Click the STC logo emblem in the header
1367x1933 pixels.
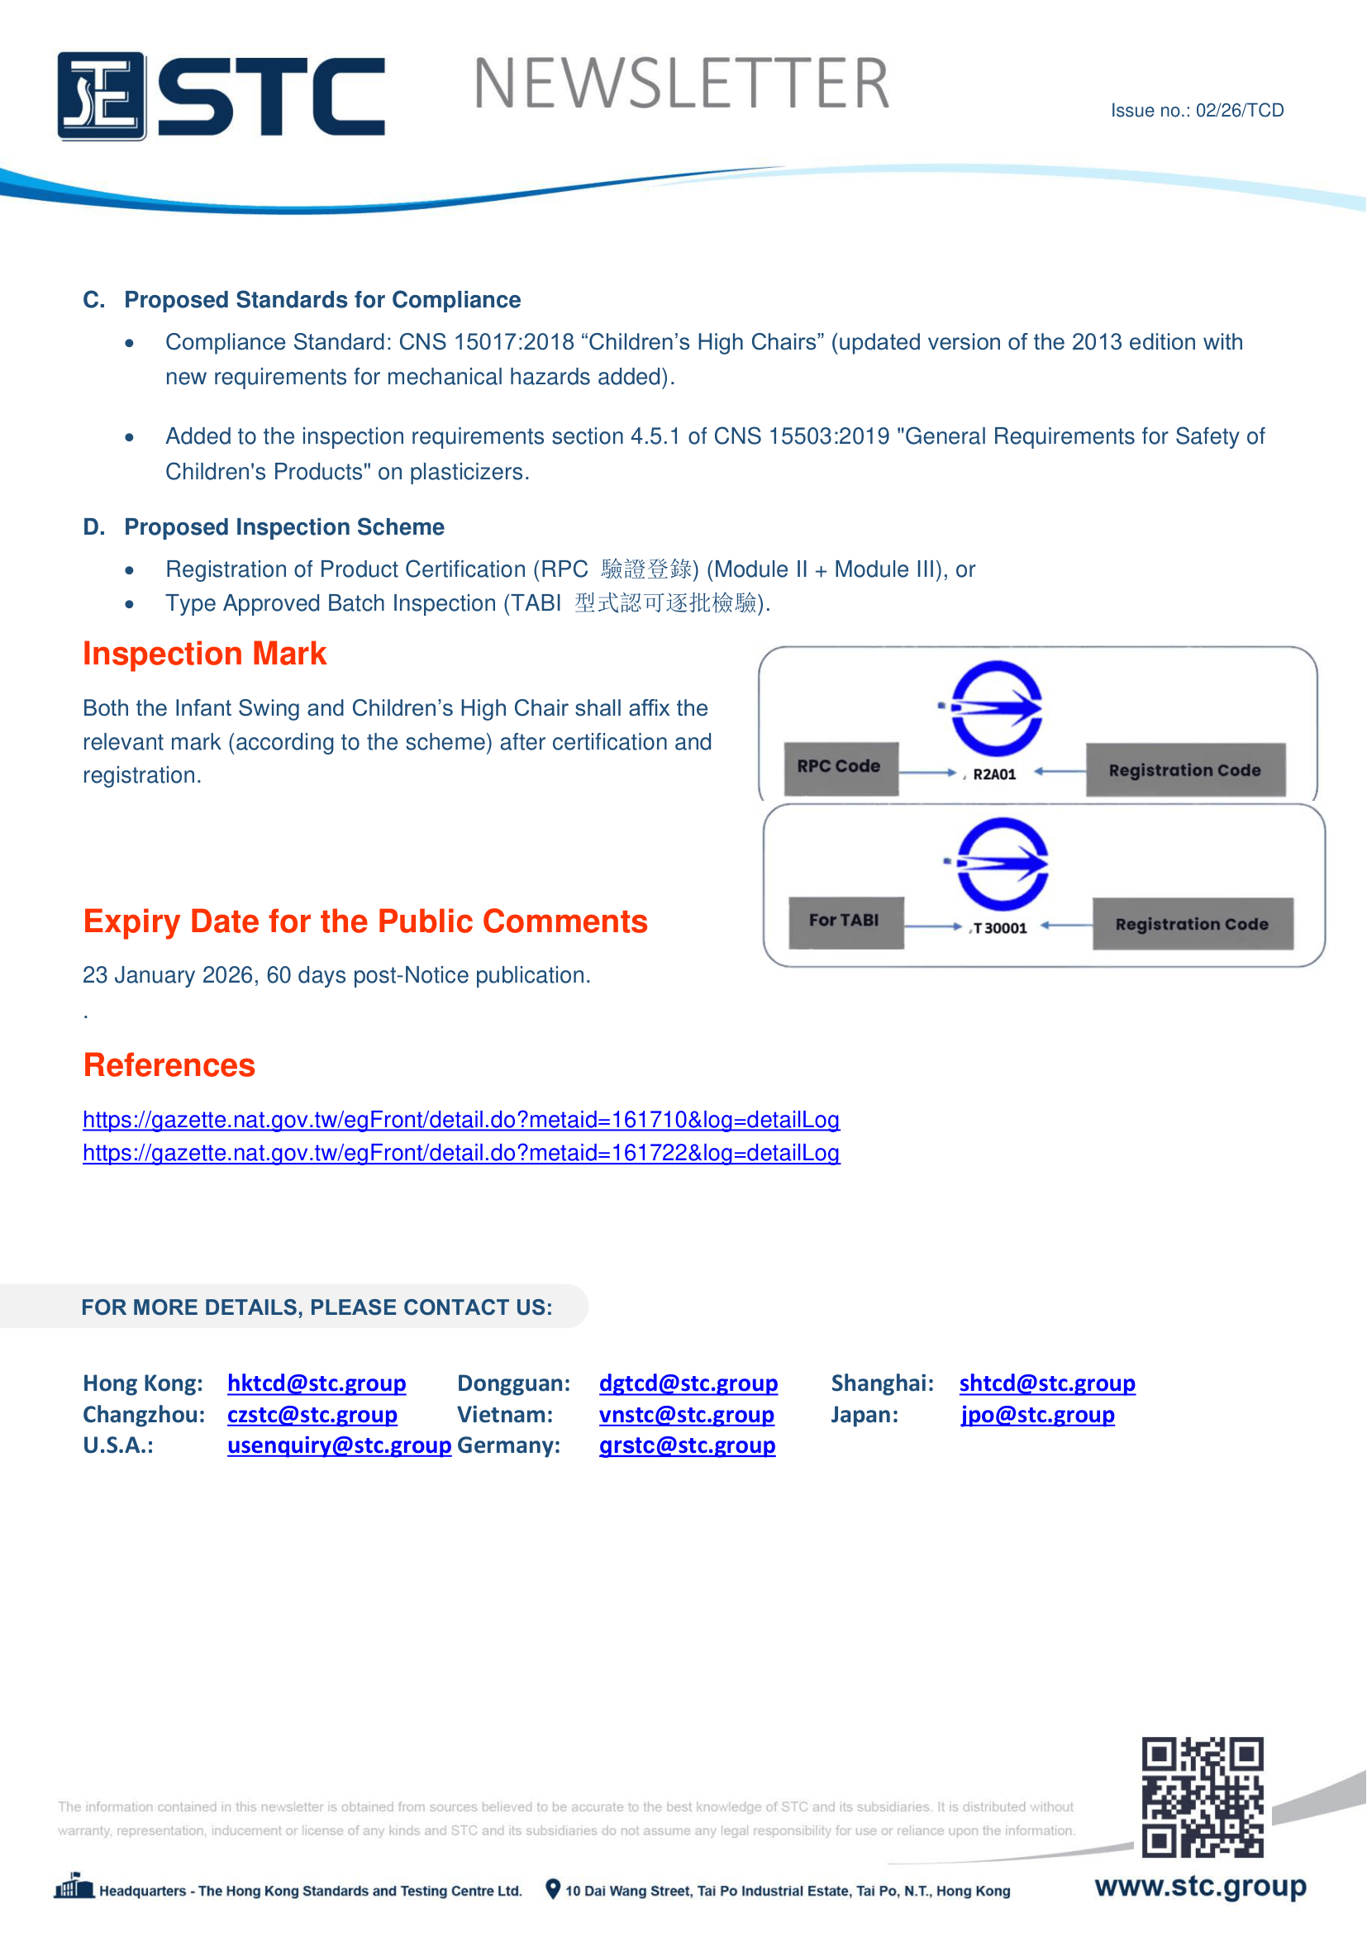(101, 96)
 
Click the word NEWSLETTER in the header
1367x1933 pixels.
(681, 84)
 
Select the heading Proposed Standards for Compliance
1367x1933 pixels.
(322, 300)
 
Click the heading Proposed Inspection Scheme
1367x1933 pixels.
(283, 527)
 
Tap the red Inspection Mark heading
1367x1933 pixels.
(203, 655)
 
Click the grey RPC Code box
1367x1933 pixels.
(840, 767)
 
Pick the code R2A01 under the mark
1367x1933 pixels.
(994, 774)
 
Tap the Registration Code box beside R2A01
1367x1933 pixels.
(1184, 770)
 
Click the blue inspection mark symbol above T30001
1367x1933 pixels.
(1002, 864)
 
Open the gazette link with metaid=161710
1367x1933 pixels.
(460, 1120)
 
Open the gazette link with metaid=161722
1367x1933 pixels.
(460, 1153)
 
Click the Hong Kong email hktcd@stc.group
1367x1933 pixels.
(317, 1383)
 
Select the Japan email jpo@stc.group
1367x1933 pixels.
(1037, 1414)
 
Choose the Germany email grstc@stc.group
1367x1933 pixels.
(687, 1445)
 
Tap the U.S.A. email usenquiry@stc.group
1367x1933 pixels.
(338, 1445)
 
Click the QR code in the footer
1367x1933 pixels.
(1201, 1796)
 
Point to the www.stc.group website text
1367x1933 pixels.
(1199, 1887)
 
